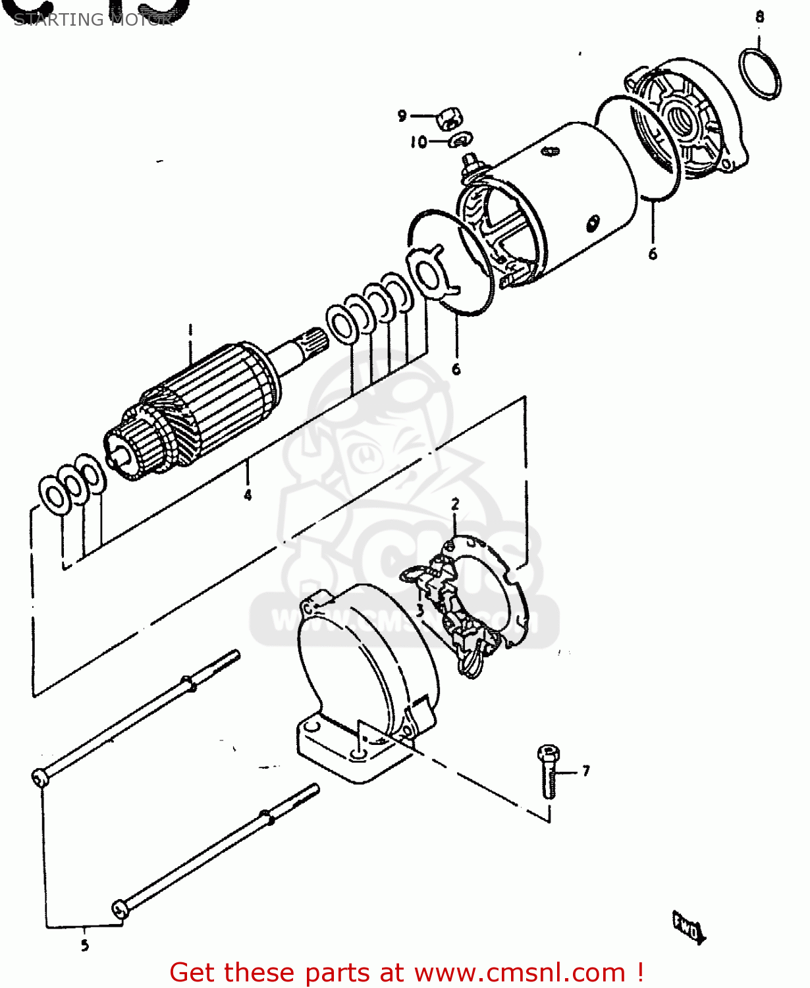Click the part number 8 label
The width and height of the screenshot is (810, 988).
[759, 17]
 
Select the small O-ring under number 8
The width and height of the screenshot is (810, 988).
[761, 74]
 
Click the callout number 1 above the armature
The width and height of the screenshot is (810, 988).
[190, 330]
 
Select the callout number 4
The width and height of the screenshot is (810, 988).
[248, 494]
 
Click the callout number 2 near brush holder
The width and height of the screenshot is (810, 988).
[455, 505]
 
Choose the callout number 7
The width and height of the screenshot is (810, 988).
[585, 770]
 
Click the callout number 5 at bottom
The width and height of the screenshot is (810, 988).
[84, 945]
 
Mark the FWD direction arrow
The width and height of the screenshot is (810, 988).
[688, 928]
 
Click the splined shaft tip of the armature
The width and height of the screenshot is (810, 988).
[312, 341]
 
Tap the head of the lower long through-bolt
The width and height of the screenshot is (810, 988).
[119, 909]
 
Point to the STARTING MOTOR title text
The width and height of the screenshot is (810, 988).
[92, 20]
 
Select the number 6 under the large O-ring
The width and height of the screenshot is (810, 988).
[653, 254]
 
